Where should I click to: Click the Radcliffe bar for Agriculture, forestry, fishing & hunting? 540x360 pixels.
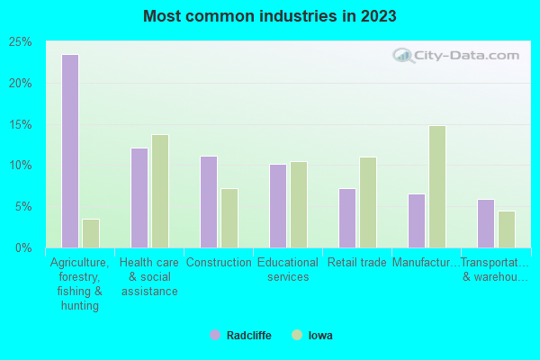pyautogui.click(x=70, y=151)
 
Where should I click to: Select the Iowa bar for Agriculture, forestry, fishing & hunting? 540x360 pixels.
pyautogui.click(x=91, y=233)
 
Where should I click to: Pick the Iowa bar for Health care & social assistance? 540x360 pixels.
pyautogui.click(x=160, y=191)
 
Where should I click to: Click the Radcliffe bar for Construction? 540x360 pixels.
pyautogui.click(x=209, y=202)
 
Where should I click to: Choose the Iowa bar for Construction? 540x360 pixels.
pyautogui.click(x=229, y=218)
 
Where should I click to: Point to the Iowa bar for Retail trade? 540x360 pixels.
pyautogui.click(x=368, y=202)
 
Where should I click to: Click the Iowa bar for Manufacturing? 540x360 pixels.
pyautogui.click(x=437, y=186)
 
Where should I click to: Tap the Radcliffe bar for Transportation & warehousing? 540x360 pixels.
pyautogui.click(x=486, y=223)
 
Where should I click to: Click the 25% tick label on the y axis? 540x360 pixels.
pyautogui.click(x=20, y=42)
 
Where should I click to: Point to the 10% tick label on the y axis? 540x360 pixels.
pyautogui.click(x=20, y=166)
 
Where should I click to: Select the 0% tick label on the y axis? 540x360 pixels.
pyautogui.click(x=23, y=247)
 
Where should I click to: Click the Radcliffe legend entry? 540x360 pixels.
pyautogui.click(x=241, y=336)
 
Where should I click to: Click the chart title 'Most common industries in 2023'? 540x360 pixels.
pyautogui.click(x=269, y=16)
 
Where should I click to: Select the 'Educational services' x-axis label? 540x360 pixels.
pyautogui.click(x=288, y=270)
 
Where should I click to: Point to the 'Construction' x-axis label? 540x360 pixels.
pyautogui.click(x=219, y=263)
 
